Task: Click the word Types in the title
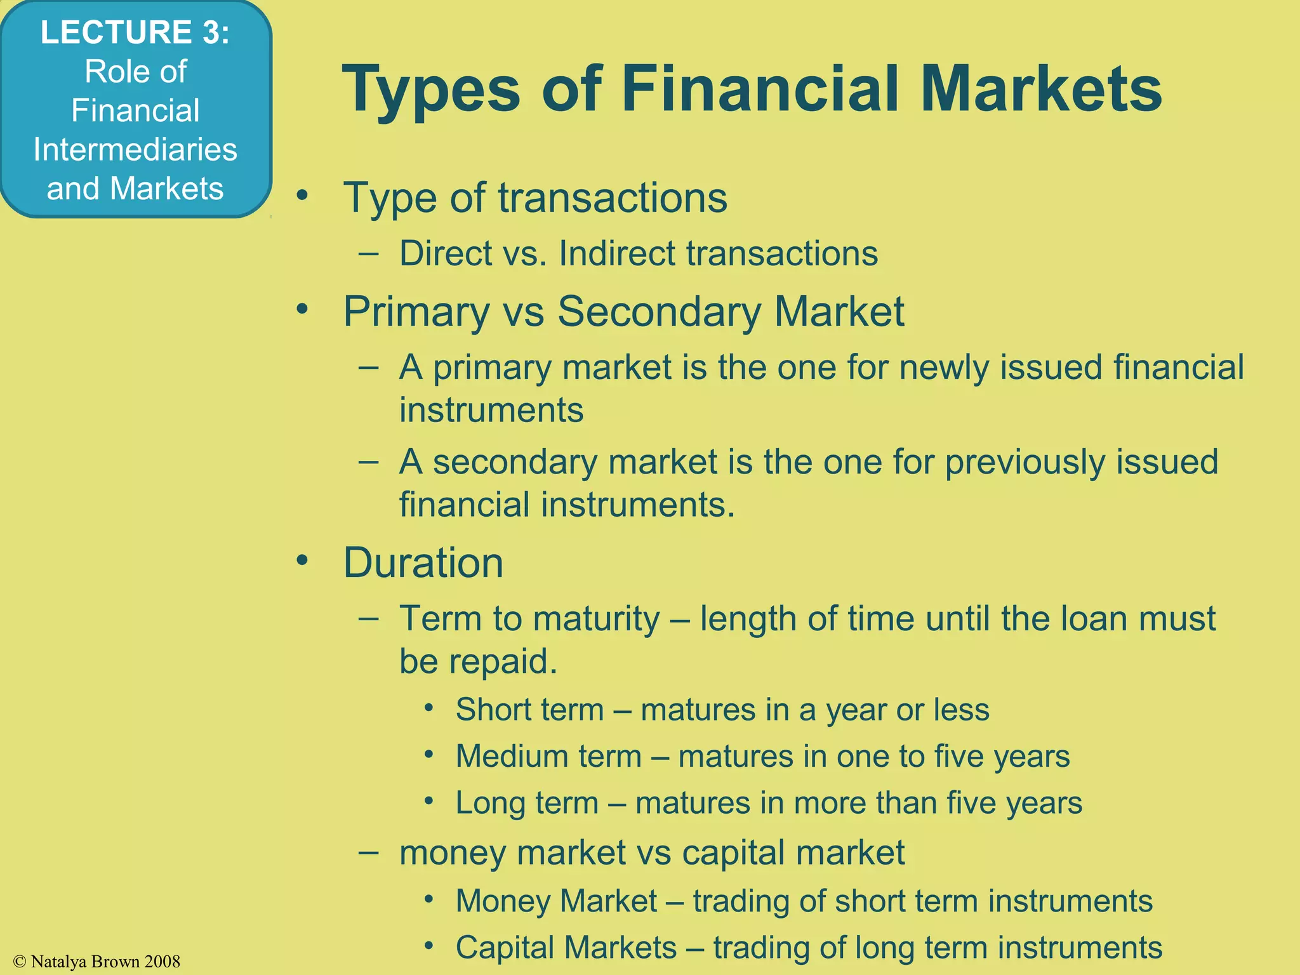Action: (x=432, y=90)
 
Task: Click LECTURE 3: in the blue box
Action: (x=135, y=32)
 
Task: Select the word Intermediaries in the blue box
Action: (x=135, y=150)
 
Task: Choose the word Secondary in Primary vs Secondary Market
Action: (x=659, y=312)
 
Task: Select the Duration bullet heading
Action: (x=423, y=562)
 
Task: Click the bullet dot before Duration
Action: (x=302, y=560)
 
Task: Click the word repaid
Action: (x=503, y=661)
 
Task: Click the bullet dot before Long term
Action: (x=430, y=801)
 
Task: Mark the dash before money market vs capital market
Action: (x=369, y=852)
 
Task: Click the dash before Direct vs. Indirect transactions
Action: (x=369, y=253)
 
